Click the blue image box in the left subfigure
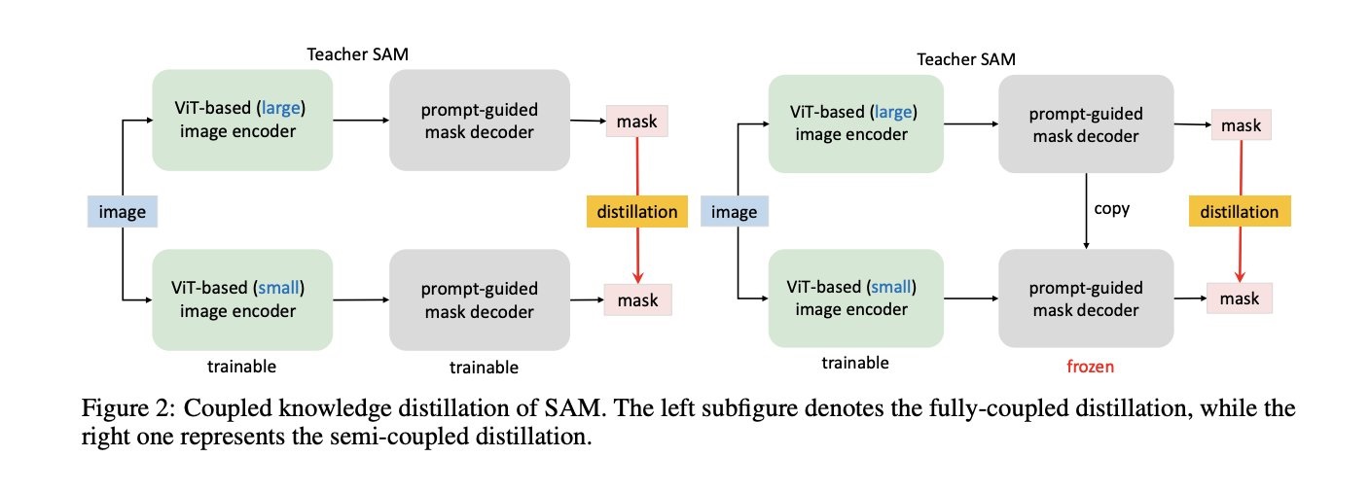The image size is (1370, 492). [x=122, y=211]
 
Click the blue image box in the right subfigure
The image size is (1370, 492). [x=735, y=211]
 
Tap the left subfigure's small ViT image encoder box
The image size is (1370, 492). [x=242, y=299]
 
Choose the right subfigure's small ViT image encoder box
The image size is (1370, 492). [x=856, y=299]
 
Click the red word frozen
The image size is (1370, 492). [x=1090, y=368]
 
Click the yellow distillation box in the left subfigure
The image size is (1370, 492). [x=636, y=211]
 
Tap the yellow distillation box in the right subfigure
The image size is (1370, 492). [x=1239, y=211]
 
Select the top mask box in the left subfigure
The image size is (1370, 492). [x=636, y=123]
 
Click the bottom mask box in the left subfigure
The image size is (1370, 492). [x=636, y=299]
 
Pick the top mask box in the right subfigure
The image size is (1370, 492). [x=1240, y=125]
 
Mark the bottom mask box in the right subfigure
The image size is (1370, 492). [x=1240, y=299]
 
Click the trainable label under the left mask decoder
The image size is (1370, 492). [x=484, y=368]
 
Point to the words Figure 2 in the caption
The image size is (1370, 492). [x=122, y=408]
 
